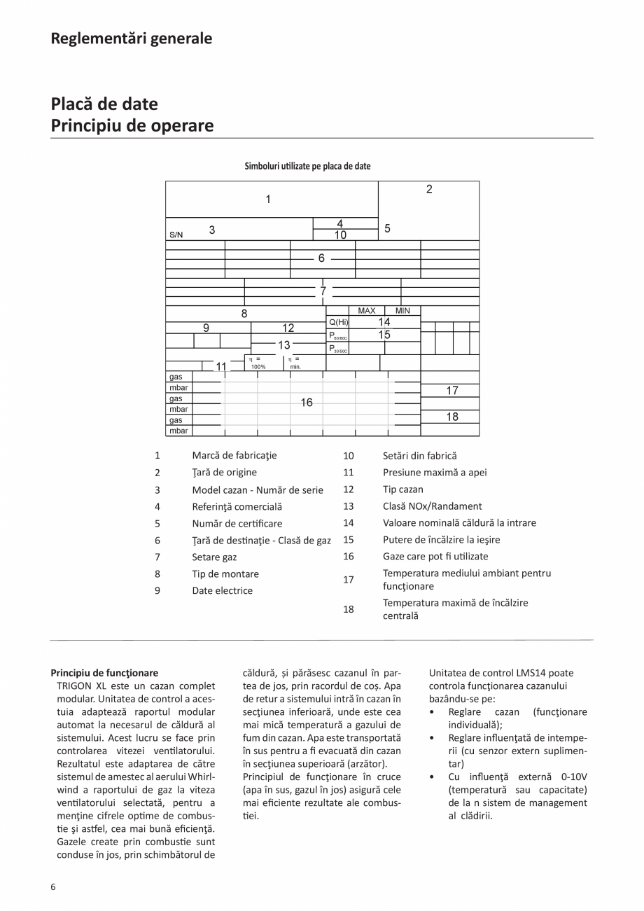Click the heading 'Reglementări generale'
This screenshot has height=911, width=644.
tap(131, 39)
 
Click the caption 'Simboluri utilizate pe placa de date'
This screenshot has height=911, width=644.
tap(307, 166)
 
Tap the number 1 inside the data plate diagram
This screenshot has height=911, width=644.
tap(268, 200)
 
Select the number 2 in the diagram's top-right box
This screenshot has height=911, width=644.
tap(429, 189)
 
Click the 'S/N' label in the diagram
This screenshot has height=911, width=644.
tap(176, 235)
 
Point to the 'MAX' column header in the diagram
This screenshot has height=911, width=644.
tap(367, 310)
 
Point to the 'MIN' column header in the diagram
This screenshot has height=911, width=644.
tap(402, 310)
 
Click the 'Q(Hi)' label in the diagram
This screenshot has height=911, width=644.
tap(338, 322)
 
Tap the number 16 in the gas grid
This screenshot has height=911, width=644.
tap(307, 403)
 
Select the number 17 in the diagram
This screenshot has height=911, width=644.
tap(452, 391)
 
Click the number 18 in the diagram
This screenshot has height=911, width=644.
tap(452, 417)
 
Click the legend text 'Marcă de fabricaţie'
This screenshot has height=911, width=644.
tap(234, 455)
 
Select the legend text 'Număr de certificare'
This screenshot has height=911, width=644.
tap(236, 523)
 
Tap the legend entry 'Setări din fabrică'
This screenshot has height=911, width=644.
tap(419, 455)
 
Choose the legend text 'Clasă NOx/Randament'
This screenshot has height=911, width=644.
tap(432, 506)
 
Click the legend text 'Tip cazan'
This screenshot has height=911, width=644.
tap(402, 489)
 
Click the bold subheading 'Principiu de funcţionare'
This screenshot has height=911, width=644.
tap(104, 673)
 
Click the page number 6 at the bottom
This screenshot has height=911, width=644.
tap(53, 886)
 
